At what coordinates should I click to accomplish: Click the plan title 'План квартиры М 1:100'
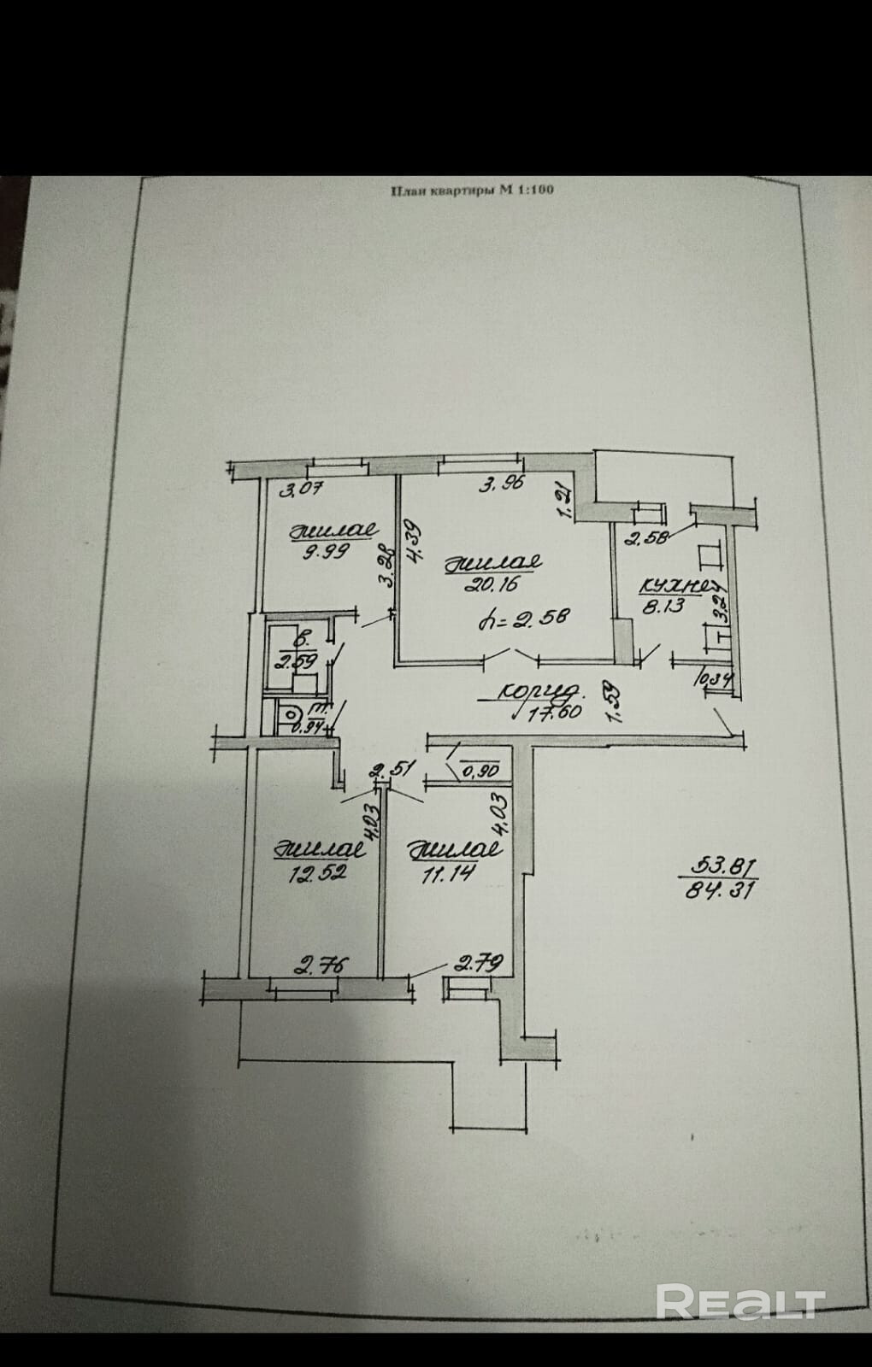click(472, 191)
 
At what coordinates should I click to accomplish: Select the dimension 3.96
click(503, 484)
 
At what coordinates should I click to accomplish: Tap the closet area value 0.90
click(481, 772)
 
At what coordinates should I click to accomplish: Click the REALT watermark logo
click(739, 1301)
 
